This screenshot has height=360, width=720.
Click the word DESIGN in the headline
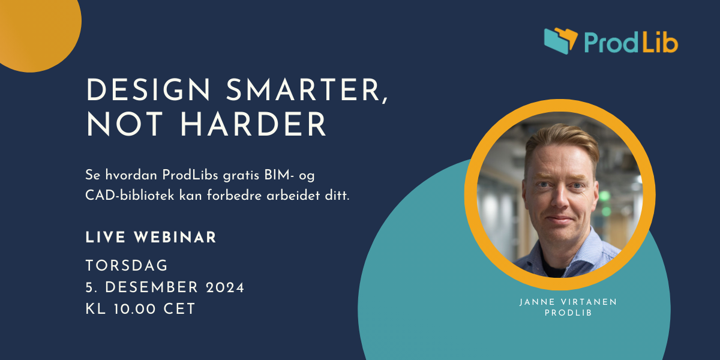148,90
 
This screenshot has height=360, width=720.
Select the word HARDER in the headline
254,124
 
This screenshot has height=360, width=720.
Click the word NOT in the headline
124,124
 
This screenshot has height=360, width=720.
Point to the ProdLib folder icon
560,41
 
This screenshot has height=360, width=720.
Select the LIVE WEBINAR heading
151,238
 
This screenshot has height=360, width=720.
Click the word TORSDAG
127,266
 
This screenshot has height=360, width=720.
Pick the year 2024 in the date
225,287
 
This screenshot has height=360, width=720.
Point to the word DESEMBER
151,287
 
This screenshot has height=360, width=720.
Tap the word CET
179,309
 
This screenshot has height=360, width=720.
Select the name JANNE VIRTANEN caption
568,302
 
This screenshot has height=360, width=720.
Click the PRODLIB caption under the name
568,313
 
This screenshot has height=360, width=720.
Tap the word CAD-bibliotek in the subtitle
130,196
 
